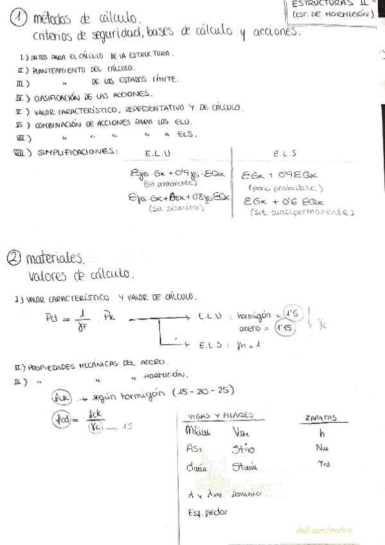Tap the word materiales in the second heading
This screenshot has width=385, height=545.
pos(55,259)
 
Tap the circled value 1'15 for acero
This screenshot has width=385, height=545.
pos(283,328)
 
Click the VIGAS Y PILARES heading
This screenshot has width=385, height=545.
pos(218,416)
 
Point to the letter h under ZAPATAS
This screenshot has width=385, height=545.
pos(321,433)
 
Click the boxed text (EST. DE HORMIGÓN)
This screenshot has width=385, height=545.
pos(333,12)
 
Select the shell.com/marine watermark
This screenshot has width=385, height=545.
pos(323,531)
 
